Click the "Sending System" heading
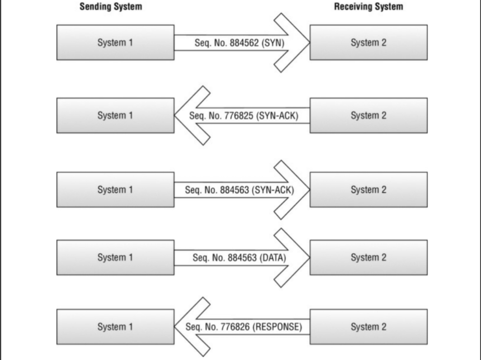pos(111,7)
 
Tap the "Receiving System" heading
pos(369,7)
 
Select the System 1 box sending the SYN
pos(115,42)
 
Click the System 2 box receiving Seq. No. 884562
pos(369,42)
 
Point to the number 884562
pos(240,42)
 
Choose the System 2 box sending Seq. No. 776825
pos(369,115)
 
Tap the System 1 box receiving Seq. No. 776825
pos(115,115)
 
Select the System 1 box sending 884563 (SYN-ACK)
pos(115,189)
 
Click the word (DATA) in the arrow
pos(273,258)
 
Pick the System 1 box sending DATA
pos(115,257)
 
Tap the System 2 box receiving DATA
pos(369,257)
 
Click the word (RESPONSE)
pos(278,327)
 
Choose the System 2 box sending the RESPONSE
pos(369,326)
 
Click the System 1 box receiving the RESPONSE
pos(115,326)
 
